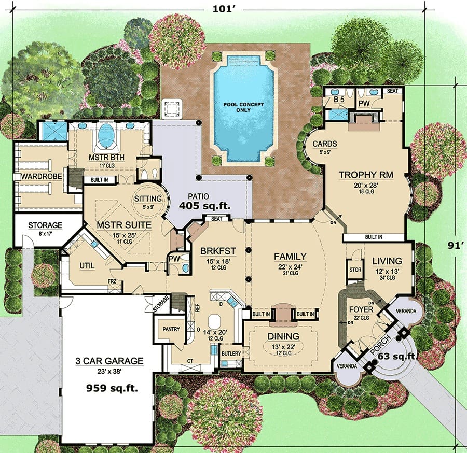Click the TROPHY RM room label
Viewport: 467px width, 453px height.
[x=366, y=175]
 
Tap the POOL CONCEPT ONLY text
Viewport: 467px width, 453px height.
[x=244, y=107]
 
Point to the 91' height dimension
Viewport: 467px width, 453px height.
[x=456, y=245]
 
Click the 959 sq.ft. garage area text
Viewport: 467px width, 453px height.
[x=112, y=388]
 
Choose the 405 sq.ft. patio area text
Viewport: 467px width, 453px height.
[x=204, y=206]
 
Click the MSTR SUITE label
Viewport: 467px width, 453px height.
[x=124, y=224]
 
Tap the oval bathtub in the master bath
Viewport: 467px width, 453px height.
[x=106, y=136]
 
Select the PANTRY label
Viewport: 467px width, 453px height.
[x=171, y=329]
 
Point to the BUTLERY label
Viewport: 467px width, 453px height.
[x=231, y=353]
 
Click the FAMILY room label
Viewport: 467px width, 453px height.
[x=290, y=256]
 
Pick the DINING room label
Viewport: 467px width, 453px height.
[x=283, y=336]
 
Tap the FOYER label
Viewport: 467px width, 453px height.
[x=361, y=309]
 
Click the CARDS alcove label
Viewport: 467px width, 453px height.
[x=325, y=144]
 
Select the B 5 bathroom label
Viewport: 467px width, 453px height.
[x=339, y=100]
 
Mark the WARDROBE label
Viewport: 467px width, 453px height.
[x=42, y=176]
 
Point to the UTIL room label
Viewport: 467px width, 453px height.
[x=87, y=265]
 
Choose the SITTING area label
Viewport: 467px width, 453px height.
[x=148, y=199]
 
